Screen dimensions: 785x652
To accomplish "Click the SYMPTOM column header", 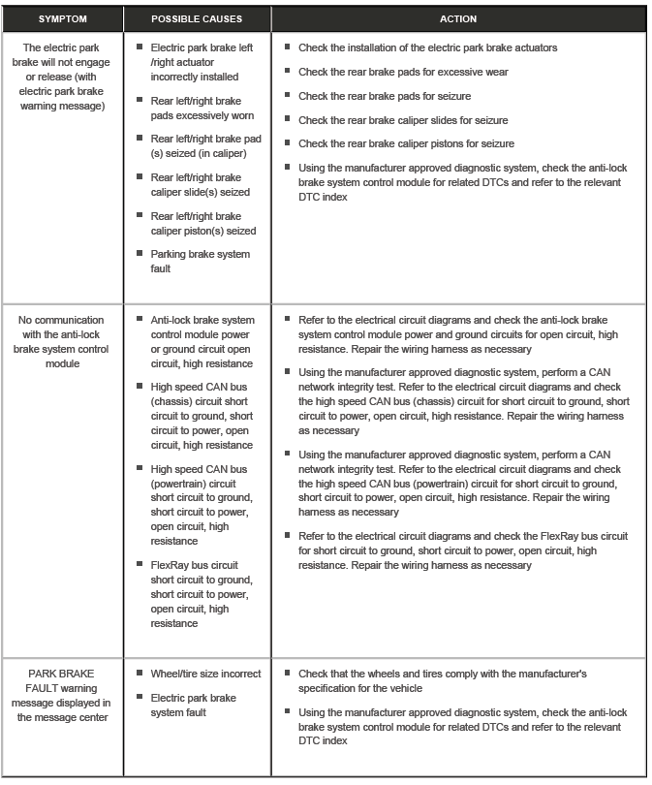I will coord(61,19).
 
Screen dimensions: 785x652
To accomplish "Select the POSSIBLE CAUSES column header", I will coord(196,19).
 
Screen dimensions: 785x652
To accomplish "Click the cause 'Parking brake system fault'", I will coord(200,262).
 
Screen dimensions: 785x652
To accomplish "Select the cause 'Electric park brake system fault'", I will coord(193,706).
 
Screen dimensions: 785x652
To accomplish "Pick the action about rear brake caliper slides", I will coord(403,120).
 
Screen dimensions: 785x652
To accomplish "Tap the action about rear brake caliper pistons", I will coord(406,144).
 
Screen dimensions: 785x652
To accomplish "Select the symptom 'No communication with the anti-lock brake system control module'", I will coord(62,341).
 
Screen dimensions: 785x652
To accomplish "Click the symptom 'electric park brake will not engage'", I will coord(62,77).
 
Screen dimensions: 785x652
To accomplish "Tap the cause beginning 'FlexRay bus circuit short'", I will coord(200,594).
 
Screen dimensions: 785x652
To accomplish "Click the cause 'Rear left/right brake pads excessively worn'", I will coord(196,108).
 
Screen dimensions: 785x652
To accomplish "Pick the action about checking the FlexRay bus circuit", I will coord(463,550).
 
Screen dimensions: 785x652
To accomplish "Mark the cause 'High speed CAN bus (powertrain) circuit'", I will coord(200,505).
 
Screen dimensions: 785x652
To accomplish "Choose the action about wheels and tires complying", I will coord(442,680).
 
